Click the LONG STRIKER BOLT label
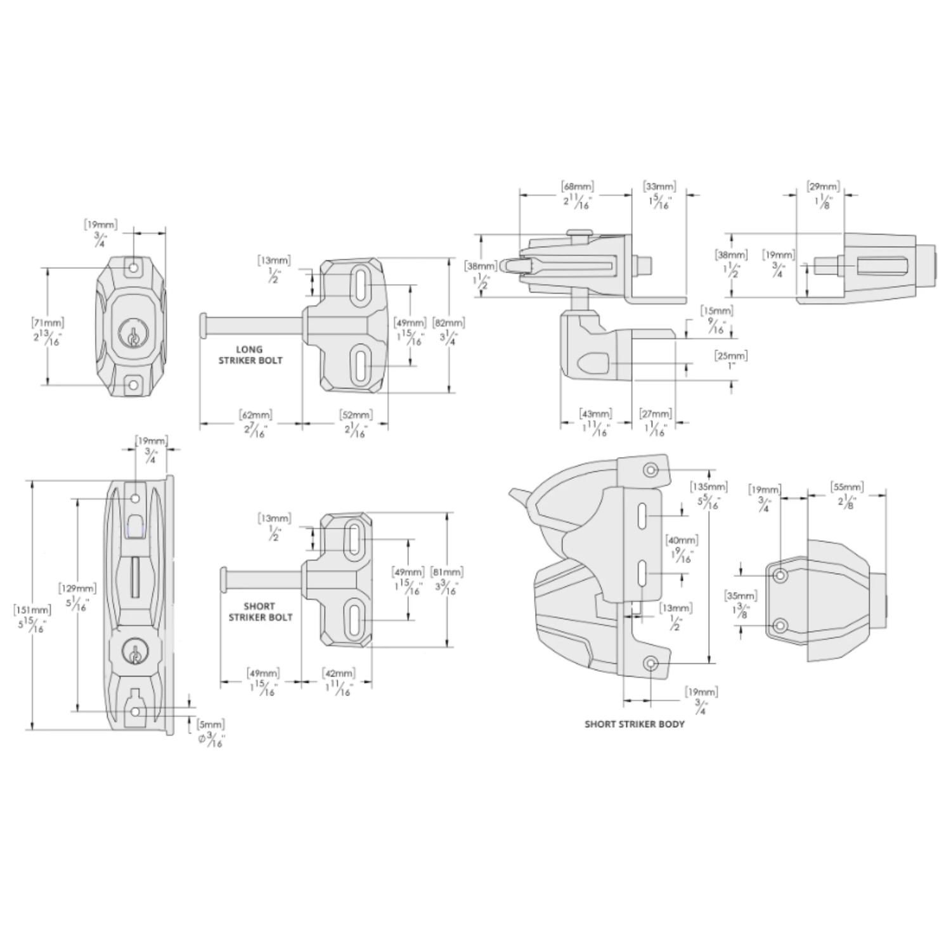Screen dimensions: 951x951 [x=250, y=355]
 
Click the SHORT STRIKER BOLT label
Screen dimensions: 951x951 [x=261, y=612]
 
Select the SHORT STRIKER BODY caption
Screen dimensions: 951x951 [x=635, y=724]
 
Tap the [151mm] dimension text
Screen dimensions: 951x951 [x=32, y=610]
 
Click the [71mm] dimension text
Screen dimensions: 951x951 [x=49, y=322]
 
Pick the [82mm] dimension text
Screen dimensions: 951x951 [x=449, y=322]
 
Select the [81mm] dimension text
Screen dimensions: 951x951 [x=446, y=572]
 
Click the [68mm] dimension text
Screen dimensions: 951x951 [x=578, y=186]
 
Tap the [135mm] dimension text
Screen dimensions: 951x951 [x=708, y=487]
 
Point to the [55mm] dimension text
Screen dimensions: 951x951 [x=847, y=487]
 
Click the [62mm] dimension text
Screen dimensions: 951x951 [x=256, y=415]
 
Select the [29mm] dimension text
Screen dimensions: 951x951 [x=823, y=186]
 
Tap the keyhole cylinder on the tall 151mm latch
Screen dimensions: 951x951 [x=135, y=653]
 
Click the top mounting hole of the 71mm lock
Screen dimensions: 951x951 [x=134, y=268]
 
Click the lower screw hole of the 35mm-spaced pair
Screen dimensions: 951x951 [x=780, y=626]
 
